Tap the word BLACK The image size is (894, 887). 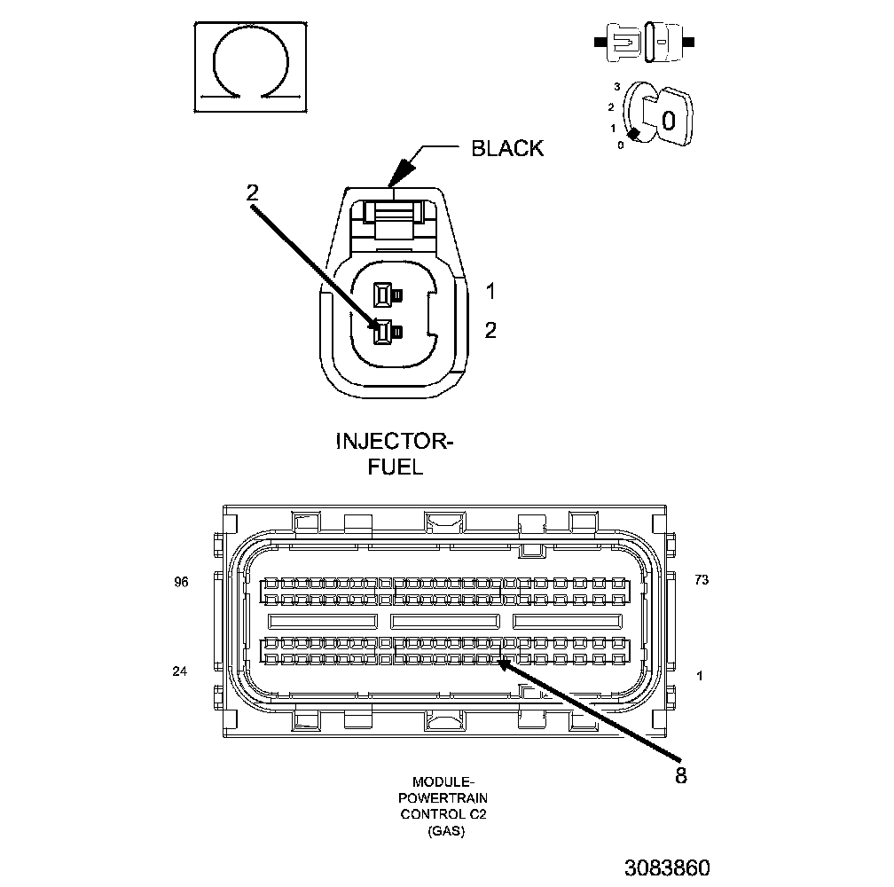point(506,148)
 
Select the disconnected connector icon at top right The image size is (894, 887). point(644,42)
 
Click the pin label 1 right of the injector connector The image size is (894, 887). point(490,291)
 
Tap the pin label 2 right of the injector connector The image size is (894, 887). point(490,331)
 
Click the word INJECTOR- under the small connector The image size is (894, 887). point(394,441)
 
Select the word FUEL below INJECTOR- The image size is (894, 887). point(395,466)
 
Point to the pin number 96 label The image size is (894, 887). point(181,583)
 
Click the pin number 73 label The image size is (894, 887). point(701,580)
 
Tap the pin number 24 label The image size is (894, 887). point(180,671)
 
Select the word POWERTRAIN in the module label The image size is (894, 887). point(443,797)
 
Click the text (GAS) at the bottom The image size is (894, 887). point(443,831)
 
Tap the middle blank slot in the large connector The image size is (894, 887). point(445,621)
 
